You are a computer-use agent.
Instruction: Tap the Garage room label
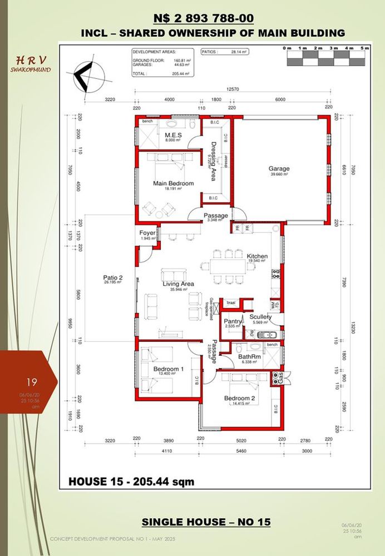pyautogui.click(x=279, y=168)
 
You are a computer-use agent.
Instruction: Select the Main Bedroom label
pyautogui.click(x=173, y=183)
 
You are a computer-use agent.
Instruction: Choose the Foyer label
pyautogui.click(x=147, y=233)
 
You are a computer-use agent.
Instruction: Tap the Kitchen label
pyautogui.click(x=258, y=256)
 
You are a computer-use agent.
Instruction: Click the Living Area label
pyautogui.click(x=177, y=284)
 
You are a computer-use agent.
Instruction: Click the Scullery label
pyautogui.click(x=260, y=317)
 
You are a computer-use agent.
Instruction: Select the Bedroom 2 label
pyautogui.click(x=239, y=398)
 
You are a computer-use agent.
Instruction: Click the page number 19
pyautogui.click(x=31, y=382)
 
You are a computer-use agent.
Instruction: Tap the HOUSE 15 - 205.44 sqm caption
pyautogui.click(x=131, y=481)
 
